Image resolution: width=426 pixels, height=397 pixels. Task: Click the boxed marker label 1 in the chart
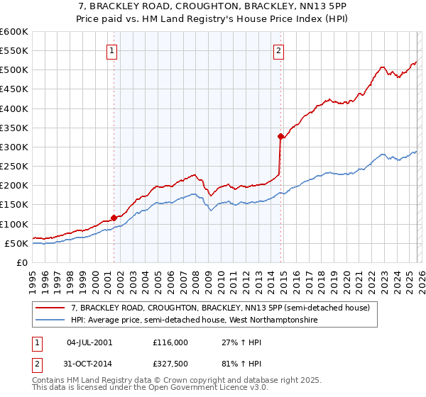[113, 50]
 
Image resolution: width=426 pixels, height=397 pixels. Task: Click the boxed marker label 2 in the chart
[279, 50]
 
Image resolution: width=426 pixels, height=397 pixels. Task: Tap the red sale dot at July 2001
[114, 218]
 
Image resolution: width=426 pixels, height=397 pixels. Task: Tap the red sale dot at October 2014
[281, 136]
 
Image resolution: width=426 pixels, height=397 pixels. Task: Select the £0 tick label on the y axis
[22, 262]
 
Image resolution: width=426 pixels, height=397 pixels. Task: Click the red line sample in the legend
[51, 308]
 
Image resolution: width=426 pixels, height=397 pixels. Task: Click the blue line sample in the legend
[51, 320]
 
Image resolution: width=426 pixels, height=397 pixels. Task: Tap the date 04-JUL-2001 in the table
[89, 342]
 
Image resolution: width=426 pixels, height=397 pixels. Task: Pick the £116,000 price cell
[170, 342]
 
